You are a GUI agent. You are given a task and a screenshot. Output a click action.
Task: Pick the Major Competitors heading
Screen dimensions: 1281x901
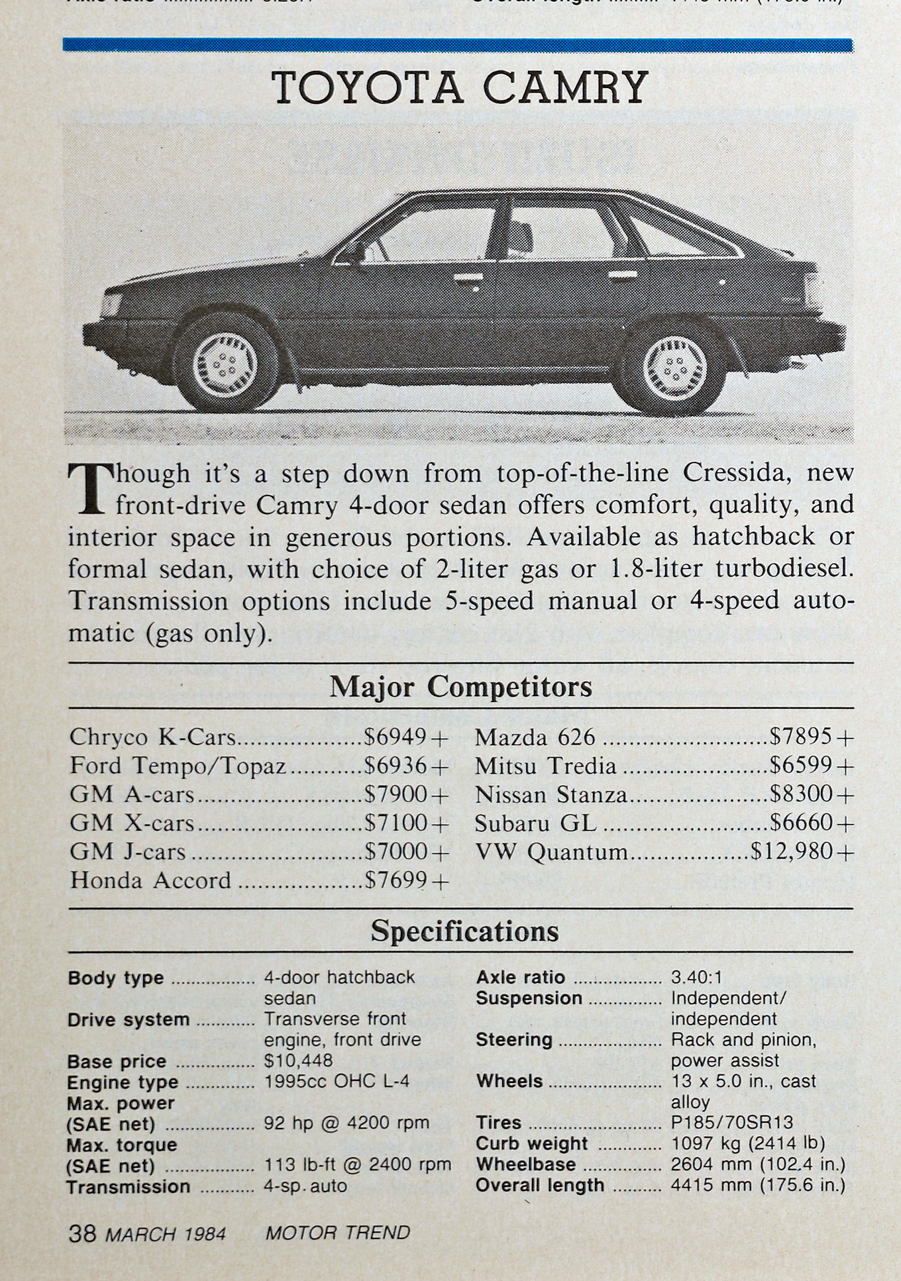[x=460, y=687]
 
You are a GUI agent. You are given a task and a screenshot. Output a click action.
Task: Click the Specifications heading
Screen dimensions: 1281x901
[x=464, y=931]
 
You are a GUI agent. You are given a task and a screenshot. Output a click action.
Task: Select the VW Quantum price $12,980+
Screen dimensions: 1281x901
[x=802, y=851]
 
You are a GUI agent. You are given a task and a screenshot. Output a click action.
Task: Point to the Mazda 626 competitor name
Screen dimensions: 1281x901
[x=535, y=737]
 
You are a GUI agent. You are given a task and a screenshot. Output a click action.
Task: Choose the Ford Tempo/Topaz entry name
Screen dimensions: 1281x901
[x=178, y=766]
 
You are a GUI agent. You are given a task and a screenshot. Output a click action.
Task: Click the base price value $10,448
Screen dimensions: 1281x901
[x=298, y=1061]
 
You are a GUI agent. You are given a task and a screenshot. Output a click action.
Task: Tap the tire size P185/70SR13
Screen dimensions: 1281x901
[x=732, y=1123]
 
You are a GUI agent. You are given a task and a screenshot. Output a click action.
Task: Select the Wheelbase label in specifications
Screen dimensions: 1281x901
[x=525, y=1164]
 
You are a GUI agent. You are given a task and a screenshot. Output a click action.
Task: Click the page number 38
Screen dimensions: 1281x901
[x=83, y=1233]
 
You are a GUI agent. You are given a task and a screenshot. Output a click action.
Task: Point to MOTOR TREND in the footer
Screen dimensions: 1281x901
[x=337, y=1233]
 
